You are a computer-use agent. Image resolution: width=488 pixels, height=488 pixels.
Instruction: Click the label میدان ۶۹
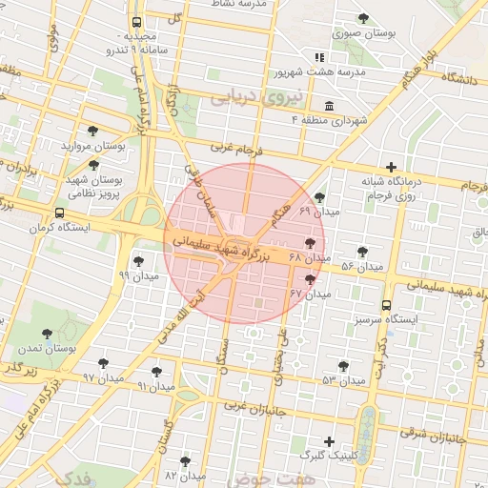318,210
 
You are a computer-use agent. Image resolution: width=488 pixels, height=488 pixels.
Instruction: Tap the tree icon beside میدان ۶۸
311,244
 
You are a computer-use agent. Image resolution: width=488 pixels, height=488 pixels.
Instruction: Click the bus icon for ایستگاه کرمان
61,213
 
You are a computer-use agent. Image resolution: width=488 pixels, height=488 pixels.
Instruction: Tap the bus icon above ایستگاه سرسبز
385,305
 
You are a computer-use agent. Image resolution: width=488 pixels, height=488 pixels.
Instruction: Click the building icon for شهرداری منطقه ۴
329,106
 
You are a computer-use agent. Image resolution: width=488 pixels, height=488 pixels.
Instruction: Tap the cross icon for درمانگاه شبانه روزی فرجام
392,167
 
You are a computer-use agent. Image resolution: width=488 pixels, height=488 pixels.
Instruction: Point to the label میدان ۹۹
137,274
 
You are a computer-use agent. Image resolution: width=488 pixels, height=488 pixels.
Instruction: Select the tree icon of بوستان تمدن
47,334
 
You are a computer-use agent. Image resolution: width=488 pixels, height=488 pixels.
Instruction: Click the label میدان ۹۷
103,377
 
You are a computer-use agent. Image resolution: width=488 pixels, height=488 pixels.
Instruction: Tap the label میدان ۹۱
156,386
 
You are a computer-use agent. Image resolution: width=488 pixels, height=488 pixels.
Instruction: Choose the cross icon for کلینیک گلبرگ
329,442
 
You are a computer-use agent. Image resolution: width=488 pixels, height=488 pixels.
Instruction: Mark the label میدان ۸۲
185,475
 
